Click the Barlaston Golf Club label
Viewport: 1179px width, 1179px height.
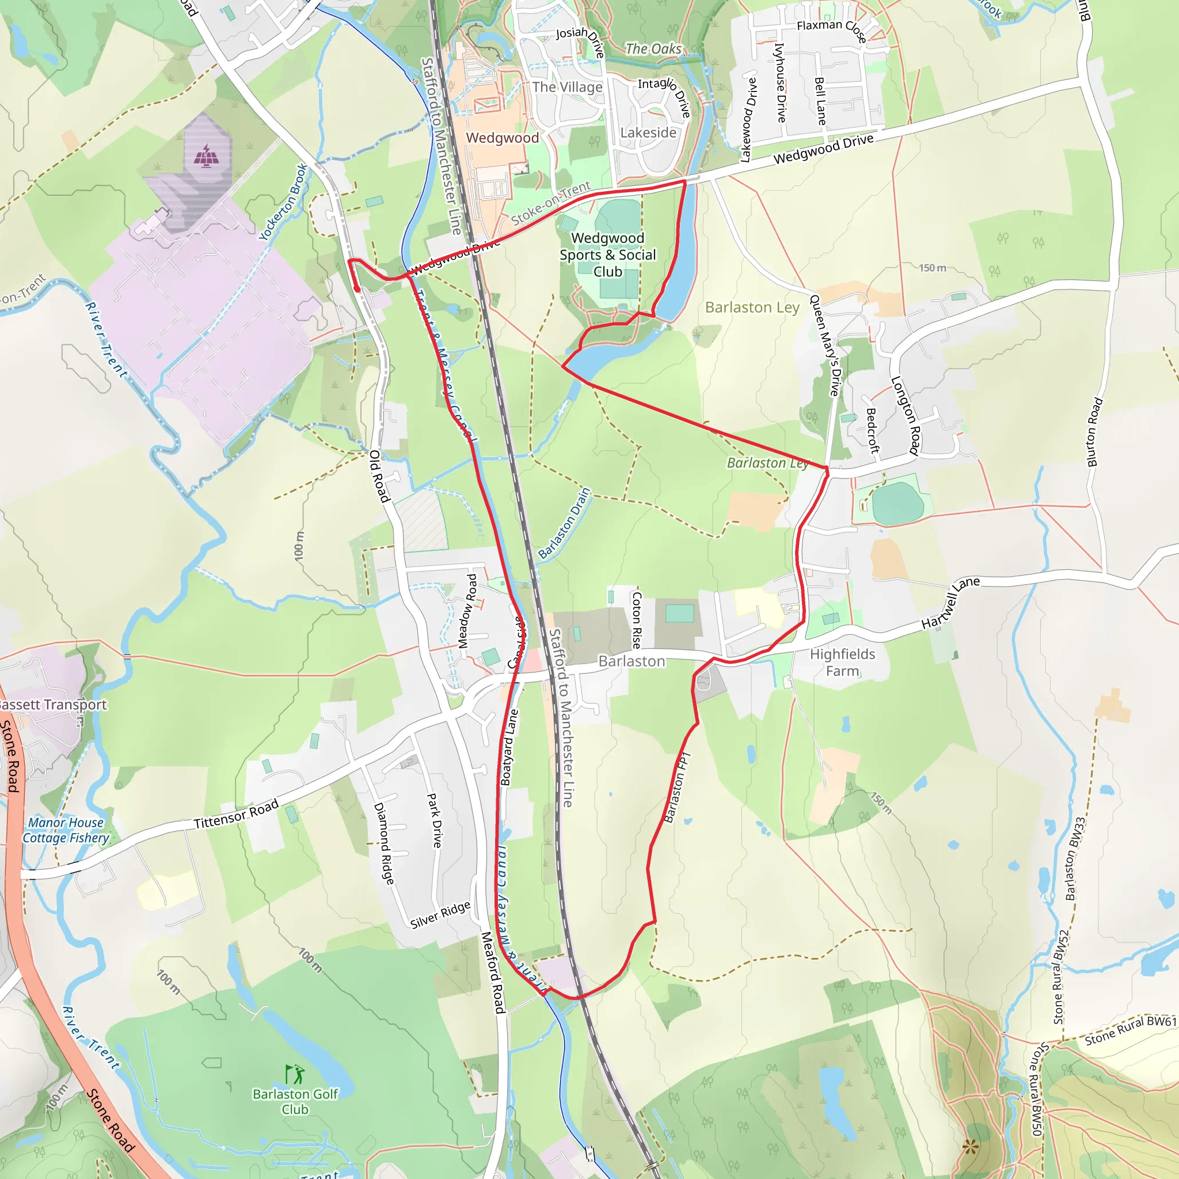295,1101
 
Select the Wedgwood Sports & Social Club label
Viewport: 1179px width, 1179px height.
608,255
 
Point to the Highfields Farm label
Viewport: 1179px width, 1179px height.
842,663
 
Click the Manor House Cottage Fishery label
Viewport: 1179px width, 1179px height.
66,830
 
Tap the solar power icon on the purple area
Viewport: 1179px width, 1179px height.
207,155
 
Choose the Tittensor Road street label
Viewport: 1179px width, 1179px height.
236,815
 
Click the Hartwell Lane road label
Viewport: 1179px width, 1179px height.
950,602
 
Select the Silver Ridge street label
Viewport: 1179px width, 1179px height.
440,915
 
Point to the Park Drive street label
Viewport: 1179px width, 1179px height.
434,820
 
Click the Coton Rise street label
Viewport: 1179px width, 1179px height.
637,620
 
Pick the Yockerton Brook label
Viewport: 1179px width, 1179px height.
283,202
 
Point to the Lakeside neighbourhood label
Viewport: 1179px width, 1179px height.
648,132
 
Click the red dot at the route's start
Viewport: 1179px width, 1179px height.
356,289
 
